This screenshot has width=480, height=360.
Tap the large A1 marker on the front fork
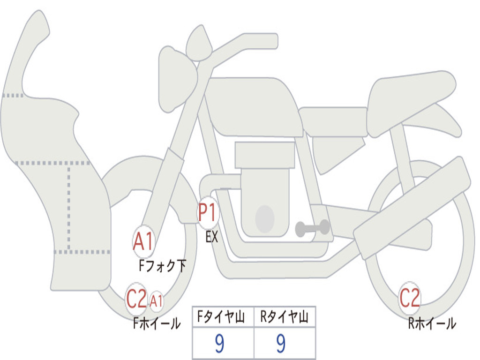(143, 241)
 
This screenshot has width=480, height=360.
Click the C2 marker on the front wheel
(136, 299)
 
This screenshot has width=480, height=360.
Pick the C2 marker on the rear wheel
(410, 298)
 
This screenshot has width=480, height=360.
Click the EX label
(212, 237)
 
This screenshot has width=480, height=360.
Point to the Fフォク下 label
(162, 266)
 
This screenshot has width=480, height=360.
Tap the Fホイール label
(157, 323)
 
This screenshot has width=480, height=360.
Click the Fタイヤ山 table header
(221, 317)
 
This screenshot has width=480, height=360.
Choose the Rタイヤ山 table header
(285, 317)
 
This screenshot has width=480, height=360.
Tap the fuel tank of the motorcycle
(254, 105)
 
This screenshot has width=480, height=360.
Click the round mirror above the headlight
(199, 43)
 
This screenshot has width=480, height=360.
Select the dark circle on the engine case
(265, 219)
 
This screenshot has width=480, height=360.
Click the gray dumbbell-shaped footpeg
(312, 228)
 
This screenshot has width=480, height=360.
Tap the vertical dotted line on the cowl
(69, 208)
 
